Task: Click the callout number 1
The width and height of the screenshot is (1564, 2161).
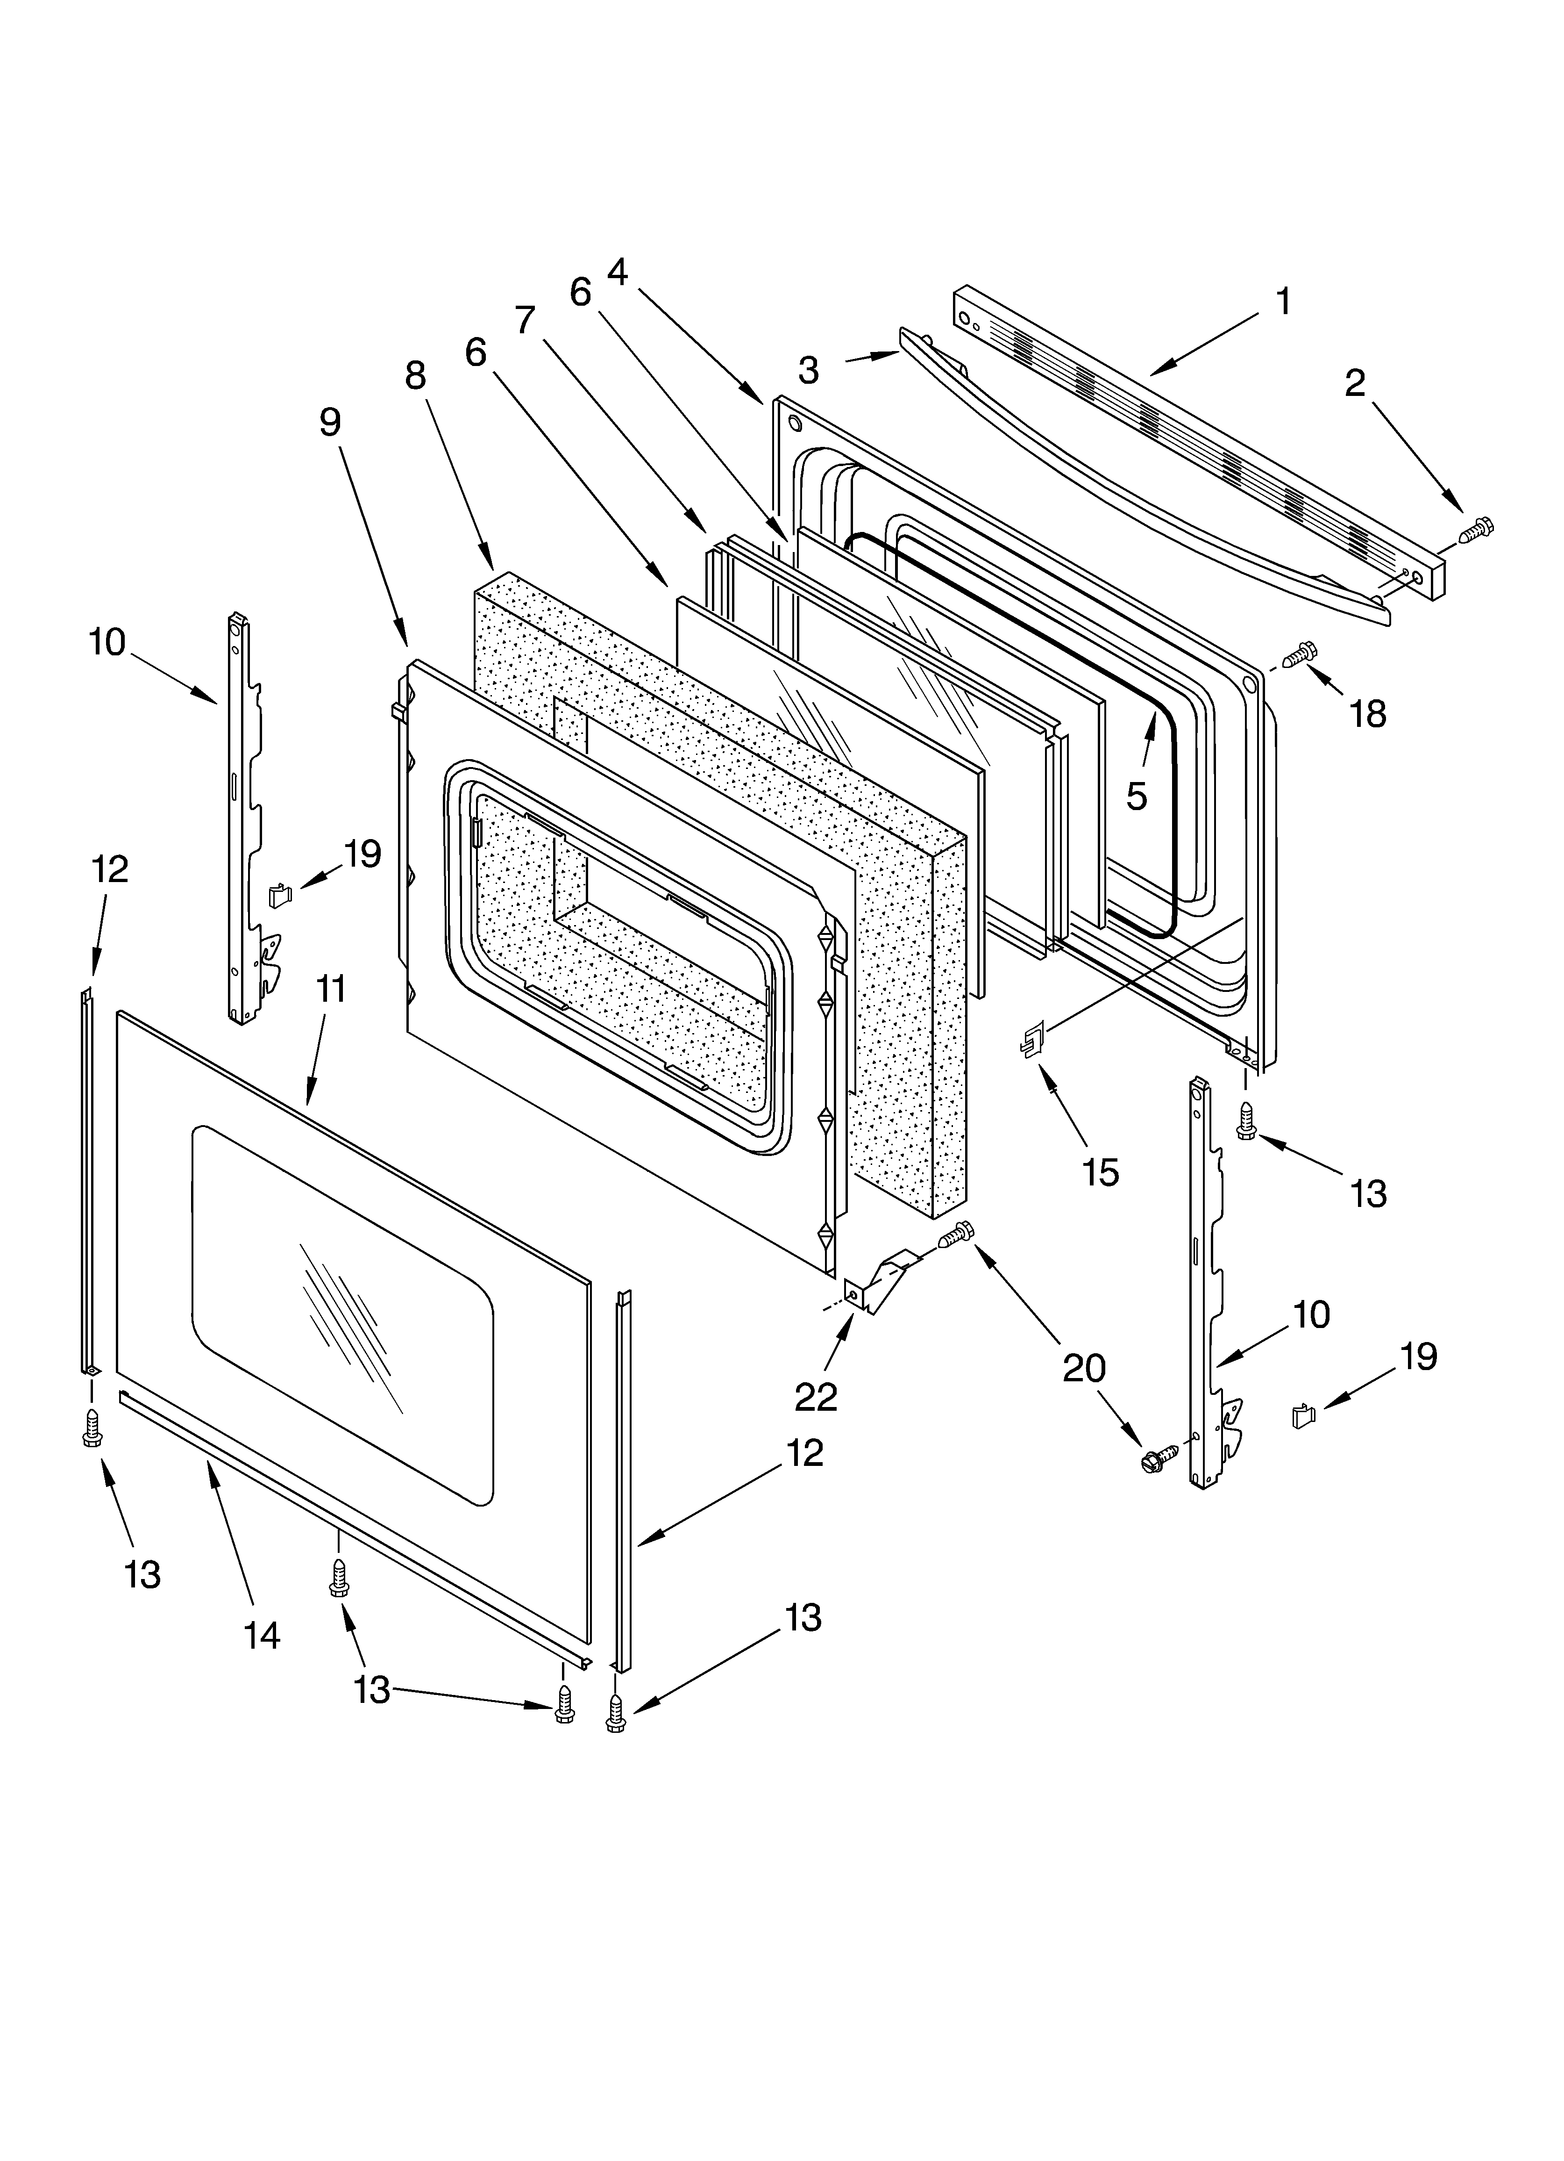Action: tap(1283, 302)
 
